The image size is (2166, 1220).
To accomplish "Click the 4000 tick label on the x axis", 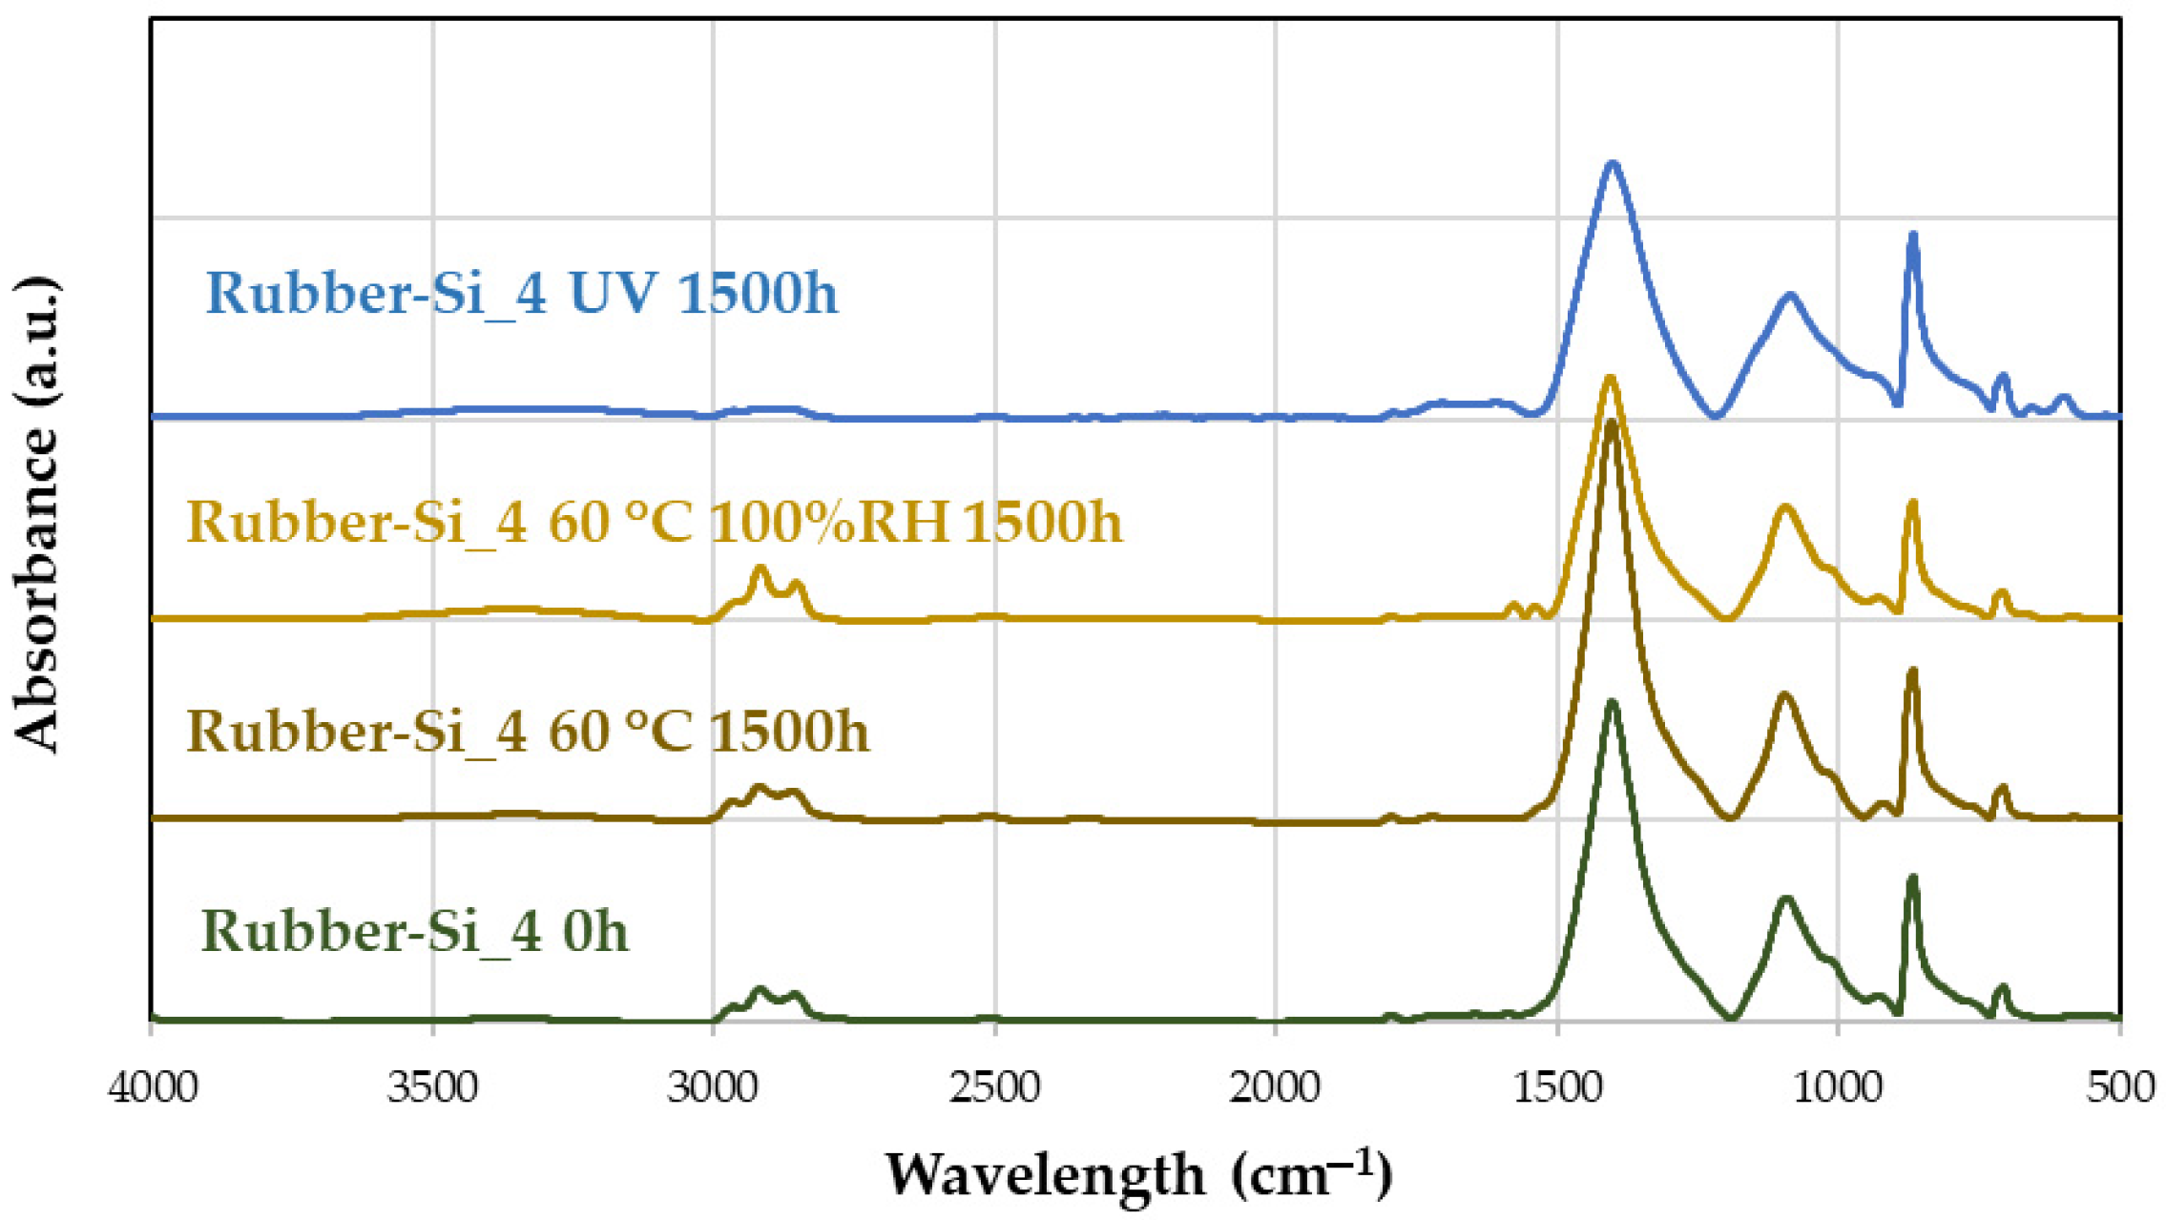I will (153, 1087).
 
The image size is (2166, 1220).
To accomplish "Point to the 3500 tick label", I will (432, 1087).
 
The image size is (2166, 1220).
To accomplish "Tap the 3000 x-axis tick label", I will (713, 1087).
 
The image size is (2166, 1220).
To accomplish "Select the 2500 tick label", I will (994, 1087).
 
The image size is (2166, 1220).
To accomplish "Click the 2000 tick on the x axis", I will (1275, 1087).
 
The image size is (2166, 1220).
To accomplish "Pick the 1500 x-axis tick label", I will (1557, 1087).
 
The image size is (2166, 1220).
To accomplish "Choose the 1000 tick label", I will (1838, 1087).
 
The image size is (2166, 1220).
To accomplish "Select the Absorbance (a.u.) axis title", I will (36, 515).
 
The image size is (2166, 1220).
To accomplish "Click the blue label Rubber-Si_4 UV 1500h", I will (521, 292).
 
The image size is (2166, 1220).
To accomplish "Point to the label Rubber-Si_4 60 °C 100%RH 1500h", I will (654, 522).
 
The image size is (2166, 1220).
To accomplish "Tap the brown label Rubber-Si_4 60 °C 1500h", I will (528, 732).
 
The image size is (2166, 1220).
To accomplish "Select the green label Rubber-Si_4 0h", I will (415, 931).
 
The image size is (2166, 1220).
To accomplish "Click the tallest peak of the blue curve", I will (1613, 164).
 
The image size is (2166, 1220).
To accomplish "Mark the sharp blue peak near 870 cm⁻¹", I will (1912, 236).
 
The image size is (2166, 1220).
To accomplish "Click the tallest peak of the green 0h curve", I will (1613, 703).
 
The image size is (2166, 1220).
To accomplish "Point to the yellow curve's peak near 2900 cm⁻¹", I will (760, 569).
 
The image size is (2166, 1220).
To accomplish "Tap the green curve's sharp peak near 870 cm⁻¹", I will (1912, 879).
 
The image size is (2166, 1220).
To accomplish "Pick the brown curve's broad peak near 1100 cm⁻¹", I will (1784, 696).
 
